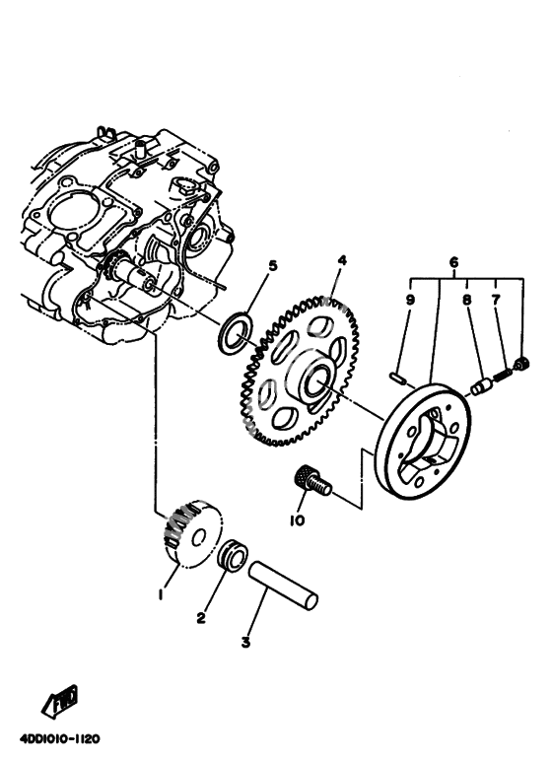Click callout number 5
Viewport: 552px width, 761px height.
tap(273, 266)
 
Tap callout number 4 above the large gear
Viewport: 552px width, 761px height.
tap(342, 260)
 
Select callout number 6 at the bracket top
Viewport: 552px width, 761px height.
tap(453, 262)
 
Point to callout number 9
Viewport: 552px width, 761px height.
tap(410, 300)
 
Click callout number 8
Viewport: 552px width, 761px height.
tap(467, 300)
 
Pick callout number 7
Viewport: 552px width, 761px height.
tap(496, 300)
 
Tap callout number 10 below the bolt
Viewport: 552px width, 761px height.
tap(297, 520)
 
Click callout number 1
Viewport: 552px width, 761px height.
tap(161, 594)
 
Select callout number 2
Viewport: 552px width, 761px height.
tap(201, 618)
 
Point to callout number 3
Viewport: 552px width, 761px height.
tap(245, 642)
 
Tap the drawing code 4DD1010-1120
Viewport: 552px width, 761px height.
tap(60, 739)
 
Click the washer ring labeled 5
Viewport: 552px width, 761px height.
tap(236, 333)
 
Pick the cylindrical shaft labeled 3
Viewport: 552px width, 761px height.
tap(283, 585)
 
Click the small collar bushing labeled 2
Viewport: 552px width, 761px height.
tap(233, 556)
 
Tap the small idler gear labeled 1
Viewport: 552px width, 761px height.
tap(193, 533)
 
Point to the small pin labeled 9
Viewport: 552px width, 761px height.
tap(397, 377)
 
